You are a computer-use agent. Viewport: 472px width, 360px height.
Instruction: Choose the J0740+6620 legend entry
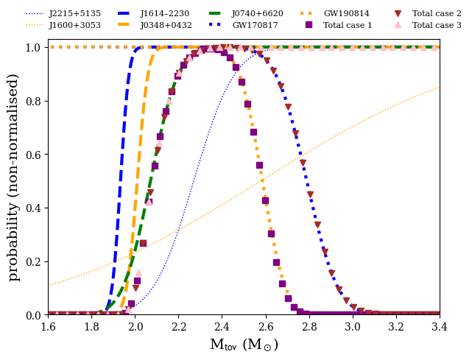pos(257,13)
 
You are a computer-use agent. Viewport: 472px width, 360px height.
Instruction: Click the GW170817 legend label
pos(255,25)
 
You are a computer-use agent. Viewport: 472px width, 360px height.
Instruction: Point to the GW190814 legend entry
pos(347,13)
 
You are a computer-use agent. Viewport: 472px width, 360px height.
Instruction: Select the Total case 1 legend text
pos(348,25)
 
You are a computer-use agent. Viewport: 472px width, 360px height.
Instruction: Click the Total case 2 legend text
pos(437,13)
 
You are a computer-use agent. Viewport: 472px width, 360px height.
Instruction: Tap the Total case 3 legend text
pos(437,25)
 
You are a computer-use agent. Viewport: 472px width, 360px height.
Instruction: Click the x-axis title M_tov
pos(244,345)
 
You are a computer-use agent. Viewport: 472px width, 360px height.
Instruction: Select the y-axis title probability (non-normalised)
pos(14,181)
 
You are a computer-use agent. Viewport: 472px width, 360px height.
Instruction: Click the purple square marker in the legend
pos(309,25)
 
